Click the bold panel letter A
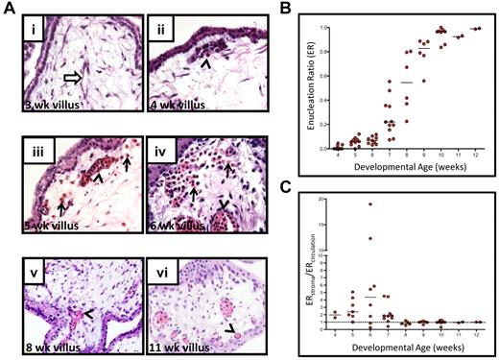click(x=12, y=10)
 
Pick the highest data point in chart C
click(x=370, y=204)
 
